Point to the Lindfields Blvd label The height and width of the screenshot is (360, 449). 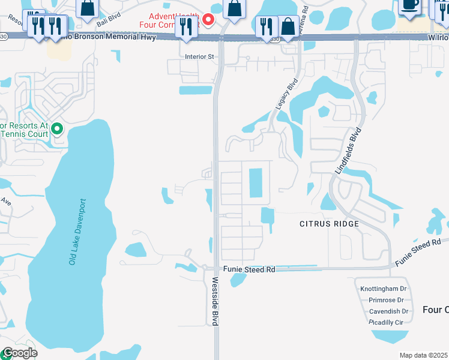(x=349, y=151)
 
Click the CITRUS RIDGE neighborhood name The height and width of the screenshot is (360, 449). (x=329, y=224)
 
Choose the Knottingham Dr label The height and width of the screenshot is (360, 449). (x=384, y=289)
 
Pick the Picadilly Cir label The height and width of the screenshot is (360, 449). (x=386, y=322)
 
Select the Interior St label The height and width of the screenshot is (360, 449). (x=199, y=57)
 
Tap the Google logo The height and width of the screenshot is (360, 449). (x=19, y=353)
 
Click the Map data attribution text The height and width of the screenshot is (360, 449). (x=423, y=355)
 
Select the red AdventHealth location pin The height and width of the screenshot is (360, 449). (x=208, y=20)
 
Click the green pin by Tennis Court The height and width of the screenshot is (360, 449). (x=58, y=128)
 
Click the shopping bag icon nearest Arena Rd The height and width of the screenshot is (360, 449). (x=288, y=27)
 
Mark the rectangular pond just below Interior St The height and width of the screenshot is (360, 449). (x=196, y=90)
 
